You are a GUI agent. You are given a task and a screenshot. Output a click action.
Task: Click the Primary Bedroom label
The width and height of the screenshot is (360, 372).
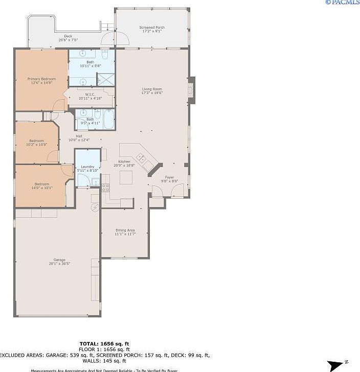tap(41, 79)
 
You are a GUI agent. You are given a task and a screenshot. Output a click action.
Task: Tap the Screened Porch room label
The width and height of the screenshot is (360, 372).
tap(152, 28)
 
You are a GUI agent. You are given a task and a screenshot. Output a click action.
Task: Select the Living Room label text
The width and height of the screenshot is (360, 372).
tap(152, 89)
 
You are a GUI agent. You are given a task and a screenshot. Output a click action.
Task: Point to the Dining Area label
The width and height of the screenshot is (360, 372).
tap(125, 230)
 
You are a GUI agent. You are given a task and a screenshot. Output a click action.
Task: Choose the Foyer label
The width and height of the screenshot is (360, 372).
tap(169, 177)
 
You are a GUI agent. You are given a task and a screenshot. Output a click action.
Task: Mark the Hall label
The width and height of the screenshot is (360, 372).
tap(79, 136)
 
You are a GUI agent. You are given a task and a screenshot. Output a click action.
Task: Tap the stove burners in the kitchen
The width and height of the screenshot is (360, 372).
tap(105, 187)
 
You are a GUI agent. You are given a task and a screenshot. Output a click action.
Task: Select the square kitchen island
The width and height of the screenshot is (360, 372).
tap(127, 177)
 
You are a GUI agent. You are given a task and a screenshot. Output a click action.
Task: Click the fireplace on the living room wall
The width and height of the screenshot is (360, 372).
tap(191, 89)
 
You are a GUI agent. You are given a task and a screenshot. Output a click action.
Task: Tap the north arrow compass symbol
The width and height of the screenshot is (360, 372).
tap(337, 365)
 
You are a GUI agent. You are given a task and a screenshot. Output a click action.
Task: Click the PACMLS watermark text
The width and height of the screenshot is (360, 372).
tap(342, 3)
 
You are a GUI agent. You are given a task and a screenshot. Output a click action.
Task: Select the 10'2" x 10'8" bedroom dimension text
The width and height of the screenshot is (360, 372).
tap(37, 145)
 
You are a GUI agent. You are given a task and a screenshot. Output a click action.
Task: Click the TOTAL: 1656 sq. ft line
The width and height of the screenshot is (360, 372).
tap(104, 344)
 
